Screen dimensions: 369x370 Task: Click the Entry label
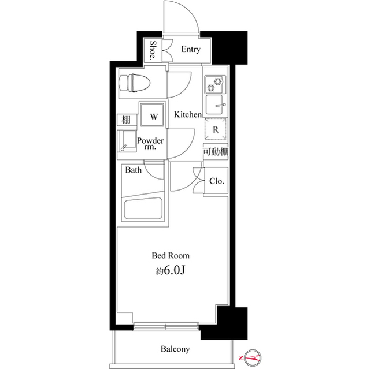[x=191, y=50]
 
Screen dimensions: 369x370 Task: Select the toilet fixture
[x=134, y=83]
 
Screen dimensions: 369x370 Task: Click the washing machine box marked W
[x=154, y=116]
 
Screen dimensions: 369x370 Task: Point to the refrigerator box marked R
[x=216, y=130]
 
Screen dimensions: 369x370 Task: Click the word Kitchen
[x=188, y=115]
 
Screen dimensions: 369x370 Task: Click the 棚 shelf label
[x=125, y=120]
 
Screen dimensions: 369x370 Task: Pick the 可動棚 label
[x=215, y=152]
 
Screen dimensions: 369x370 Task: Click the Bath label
[x=134, y=170]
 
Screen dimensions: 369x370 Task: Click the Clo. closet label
[x=216, y=181]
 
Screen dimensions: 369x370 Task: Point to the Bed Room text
[x=171, y=255]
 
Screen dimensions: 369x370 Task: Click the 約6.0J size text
[x=171, y=269]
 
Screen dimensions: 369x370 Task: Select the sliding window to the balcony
[x=166, y=327]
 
